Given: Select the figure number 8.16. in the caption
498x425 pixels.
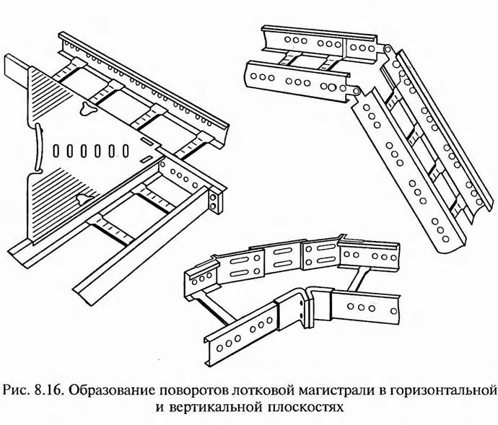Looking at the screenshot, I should click(x=48, y=391).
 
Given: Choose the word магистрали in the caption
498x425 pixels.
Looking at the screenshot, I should click(x=331, y=391).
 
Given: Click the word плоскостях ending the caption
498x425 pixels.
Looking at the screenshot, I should click(x=310, y=408).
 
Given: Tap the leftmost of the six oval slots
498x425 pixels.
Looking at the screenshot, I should click(x=58, y=152).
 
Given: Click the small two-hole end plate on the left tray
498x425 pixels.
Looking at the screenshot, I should click(x=214, y=203).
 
